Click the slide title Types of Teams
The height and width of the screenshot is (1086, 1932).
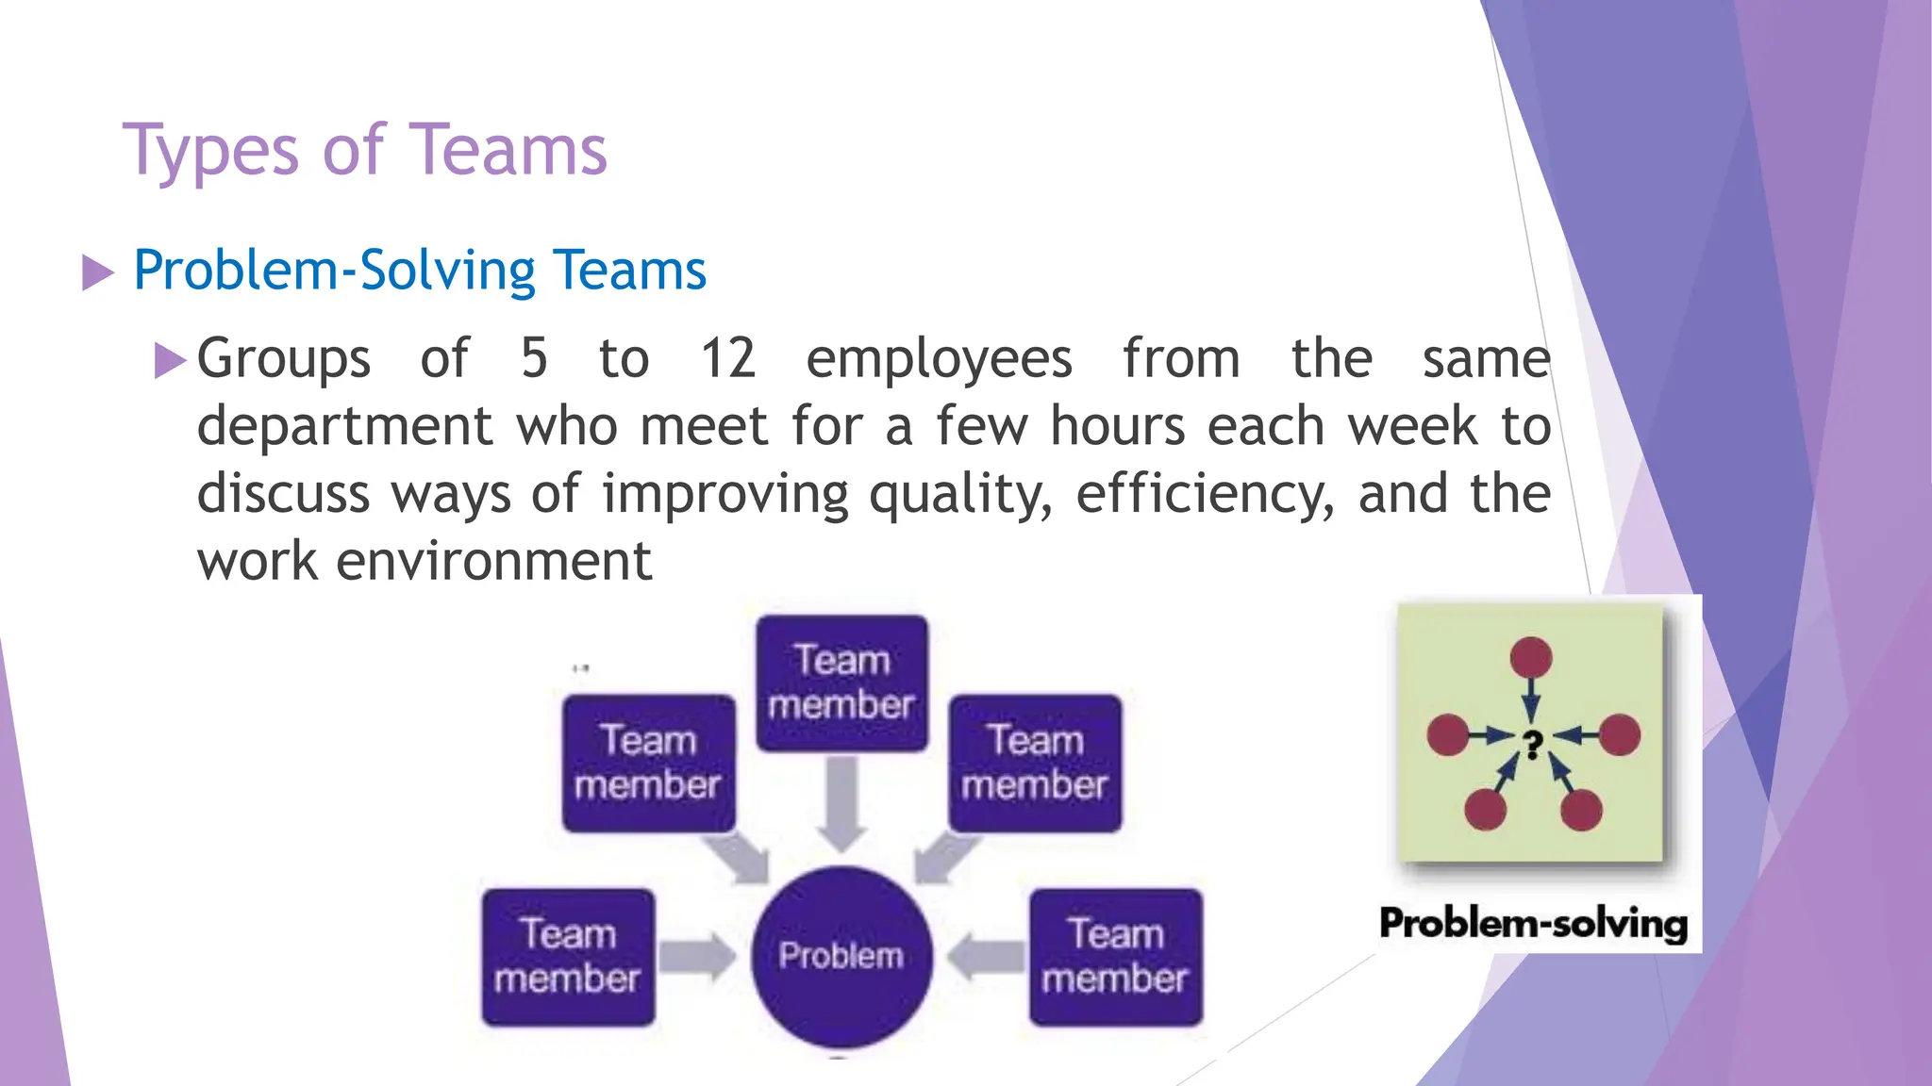[x=365, y=151]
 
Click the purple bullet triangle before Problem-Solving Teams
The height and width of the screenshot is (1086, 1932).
[x=97, y=272]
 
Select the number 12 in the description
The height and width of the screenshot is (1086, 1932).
[x=727, y=359]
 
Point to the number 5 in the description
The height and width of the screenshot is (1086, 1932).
[x=534, y=359]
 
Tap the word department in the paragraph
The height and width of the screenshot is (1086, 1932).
[x=344, y=427]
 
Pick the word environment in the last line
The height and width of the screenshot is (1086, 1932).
[x=493, y=562]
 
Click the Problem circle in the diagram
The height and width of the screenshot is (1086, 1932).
[x=841, y=956]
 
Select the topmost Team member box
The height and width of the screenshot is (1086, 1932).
[x=841, y=683]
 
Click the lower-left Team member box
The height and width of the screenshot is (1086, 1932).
[x=568, y=956]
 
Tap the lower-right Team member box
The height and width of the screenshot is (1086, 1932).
[x=1115, y=956]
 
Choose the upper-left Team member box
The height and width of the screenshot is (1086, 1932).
[x=648, y=763]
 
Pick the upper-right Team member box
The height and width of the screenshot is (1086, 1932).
[x=1035, y=763]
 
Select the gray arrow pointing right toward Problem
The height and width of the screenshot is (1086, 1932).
[x=697, y=956]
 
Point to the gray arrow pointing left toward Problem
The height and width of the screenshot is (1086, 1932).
[x=985, y=956]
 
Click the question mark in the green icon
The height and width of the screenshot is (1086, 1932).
[x=1533, y=745]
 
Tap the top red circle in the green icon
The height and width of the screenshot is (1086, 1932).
[x=1530, y=657]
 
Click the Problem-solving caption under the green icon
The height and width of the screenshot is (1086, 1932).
[x=1533, y=923]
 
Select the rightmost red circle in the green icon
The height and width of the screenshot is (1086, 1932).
[x=1620, y=734]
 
